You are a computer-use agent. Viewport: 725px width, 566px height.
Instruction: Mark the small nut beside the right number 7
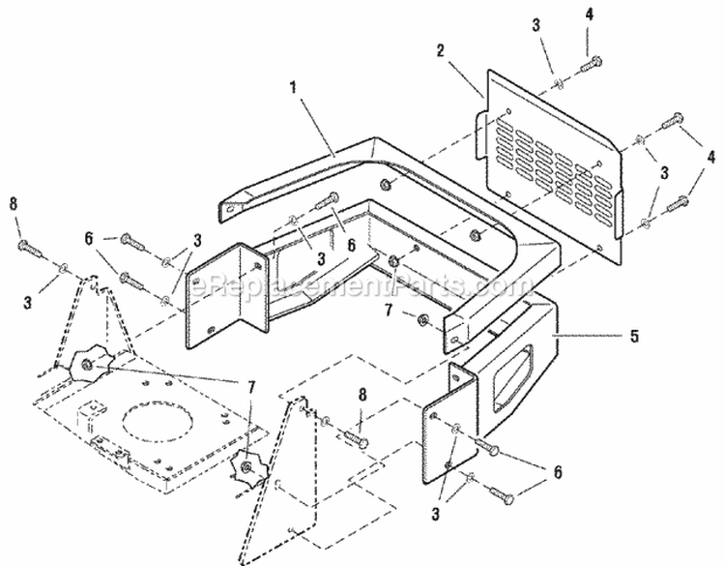tap(422, 319)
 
